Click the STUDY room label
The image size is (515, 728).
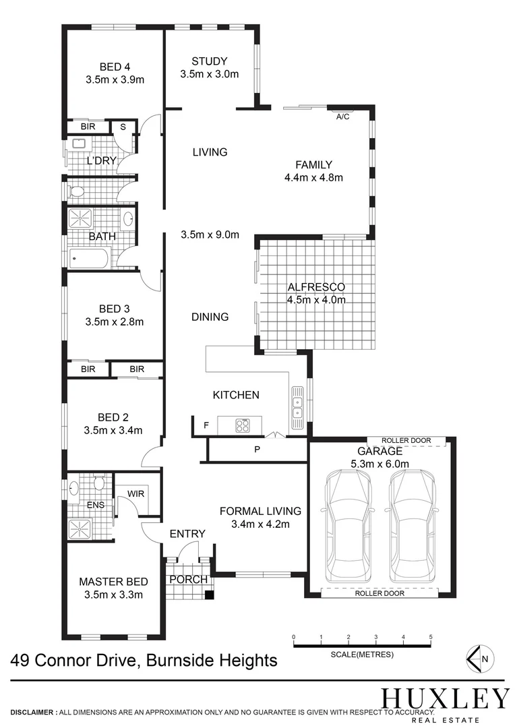click(210, 61)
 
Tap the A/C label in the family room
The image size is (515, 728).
click(342, 117)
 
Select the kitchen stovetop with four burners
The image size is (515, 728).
click(242, 426)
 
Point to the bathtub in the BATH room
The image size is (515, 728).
click(90, 259)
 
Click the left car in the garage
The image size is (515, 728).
click(349, 526)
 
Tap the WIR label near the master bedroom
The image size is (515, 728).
click(136, 493)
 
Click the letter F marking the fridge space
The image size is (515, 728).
click(206, 425)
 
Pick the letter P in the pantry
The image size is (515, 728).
click(257, 450)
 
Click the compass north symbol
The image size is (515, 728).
click(480, 659)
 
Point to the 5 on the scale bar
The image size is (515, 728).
click(431, 637)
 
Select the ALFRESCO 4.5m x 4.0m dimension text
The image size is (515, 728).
click(316, 300)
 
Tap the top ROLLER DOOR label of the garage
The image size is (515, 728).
click(406, 440)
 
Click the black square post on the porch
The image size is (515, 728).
click(210, 595)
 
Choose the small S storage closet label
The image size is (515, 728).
click(123, 127)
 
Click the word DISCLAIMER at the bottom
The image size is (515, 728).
click(32, 712)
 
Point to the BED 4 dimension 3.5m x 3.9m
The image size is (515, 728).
click(115, 80)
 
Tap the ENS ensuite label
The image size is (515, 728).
click(96, 505)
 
